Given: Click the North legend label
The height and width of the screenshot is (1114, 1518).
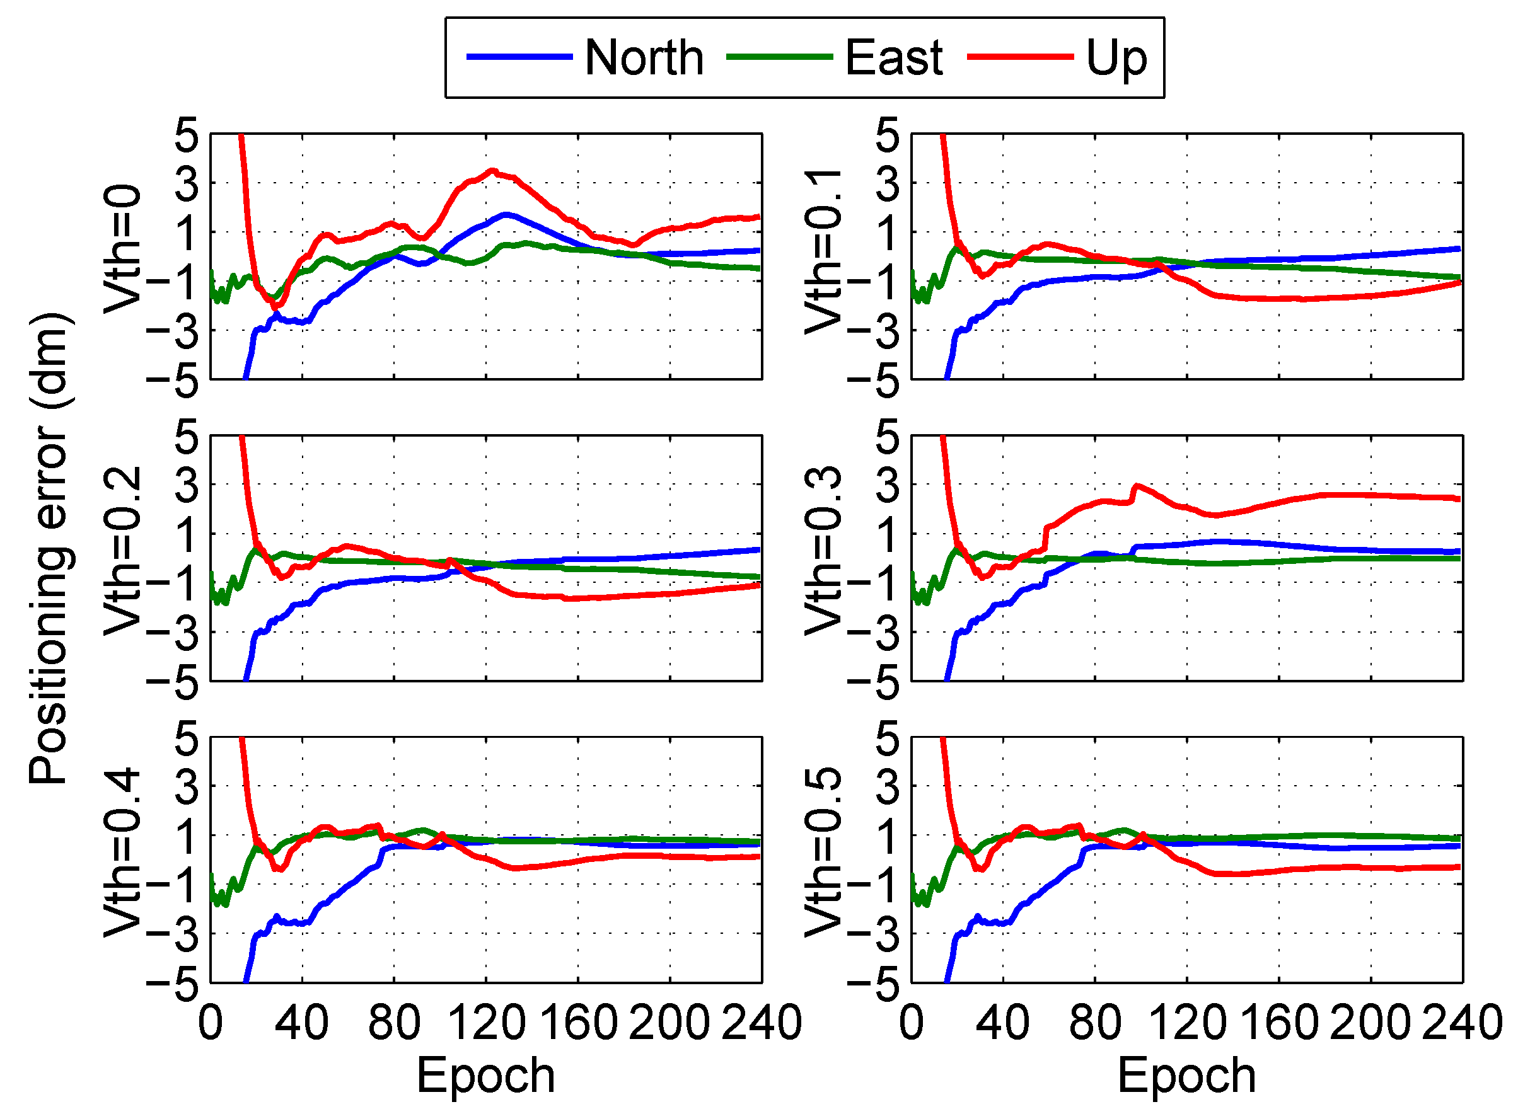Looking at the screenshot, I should tap(644, 58).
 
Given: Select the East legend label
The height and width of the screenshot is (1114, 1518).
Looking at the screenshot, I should tap(893, 58).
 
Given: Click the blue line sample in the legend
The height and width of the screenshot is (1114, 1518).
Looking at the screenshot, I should tap(519, 57).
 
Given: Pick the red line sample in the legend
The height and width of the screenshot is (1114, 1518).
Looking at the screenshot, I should tap(1019, 57).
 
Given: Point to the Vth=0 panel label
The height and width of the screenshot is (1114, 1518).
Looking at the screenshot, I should tap(123, 250).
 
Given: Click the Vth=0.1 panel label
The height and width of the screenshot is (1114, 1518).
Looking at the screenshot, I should tap(824, 252).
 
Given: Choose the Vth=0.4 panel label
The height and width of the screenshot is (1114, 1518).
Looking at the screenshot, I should tap(123, 853).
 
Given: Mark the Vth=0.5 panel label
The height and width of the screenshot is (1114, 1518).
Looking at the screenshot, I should tap(824, 853).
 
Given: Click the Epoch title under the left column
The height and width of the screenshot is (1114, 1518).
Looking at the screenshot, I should tap(486, 1075).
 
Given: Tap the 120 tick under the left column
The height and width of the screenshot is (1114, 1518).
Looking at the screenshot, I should tap(486, 1022).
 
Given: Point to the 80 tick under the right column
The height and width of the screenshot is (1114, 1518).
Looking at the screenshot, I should tap(1095, 1022).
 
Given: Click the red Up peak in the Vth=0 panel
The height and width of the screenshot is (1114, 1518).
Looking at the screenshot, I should tap(492, 171).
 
